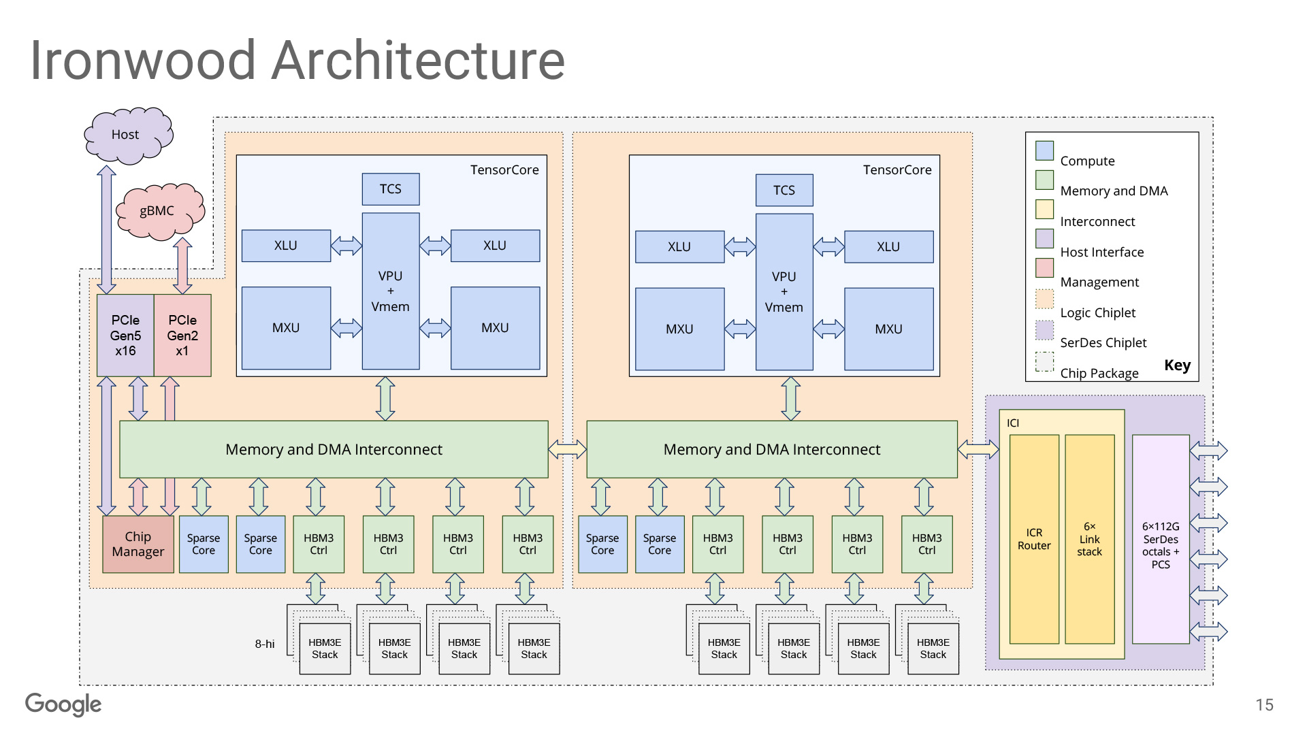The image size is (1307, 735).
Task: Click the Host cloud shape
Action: [x=127, y=135]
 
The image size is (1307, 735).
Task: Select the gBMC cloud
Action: [x=159, y=211]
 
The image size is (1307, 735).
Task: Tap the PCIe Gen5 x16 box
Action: [x=125, y=336]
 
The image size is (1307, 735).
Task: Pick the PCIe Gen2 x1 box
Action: [x=182, y=336]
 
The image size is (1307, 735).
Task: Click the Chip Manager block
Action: [x=138, y=544]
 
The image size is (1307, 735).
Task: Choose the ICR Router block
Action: [x=1034, y=539]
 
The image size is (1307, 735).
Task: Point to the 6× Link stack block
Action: [x=1089, y=539]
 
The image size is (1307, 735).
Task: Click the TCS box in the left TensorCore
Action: [x=390, y=189]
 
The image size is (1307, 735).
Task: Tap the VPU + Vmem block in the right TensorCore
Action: [x=784, y=292]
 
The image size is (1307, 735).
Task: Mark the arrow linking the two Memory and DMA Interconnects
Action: [x=567, y=449]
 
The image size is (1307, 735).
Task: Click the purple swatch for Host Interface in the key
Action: [x=1044, y=238]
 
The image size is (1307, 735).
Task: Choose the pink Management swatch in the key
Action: [x=1044, y=267]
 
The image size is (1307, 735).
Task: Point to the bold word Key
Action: [x=1177, y=365]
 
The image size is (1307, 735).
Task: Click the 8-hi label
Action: [x=265, y=644]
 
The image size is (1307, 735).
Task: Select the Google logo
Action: [x=63, y=704]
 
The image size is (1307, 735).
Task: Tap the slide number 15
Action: [x=1264, y=705]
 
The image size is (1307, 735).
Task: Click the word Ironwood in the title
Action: [x=143, y=60]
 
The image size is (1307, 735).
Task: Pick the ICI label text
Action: [x=1013, y=423]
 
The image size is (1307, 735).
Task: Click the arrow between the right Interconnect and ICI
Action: [x=978, y=449]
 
